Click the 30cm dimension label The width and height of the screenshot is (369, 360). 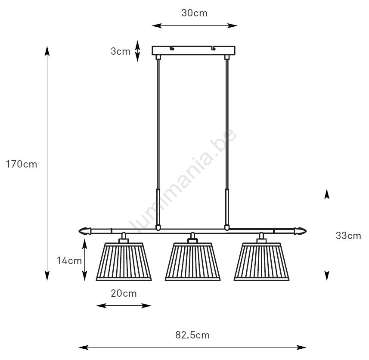click(x=194, y=13)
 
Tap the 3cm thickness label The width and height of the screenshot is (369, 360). click(x=121, y=51)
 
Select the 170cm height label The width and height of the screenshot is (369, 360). click(x=22, y=164)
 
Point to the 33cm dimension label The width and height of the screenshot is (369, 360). click(x=348, y=236)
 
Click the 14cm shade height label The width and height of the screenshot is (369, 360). click(x=69, y=261)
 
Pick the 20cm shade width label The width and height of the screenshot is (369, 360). click(x=124, y=293)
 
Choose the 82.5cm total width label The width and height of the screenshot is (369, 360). click(x=192, y=335)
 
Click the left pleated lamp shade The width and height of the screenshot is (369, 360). click(x=124, y=262)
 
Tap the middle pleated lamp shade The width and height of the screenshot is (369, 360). click(x=193, y=262)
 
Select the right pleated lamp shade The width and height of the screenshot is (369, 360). click(x=261, y=262)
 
